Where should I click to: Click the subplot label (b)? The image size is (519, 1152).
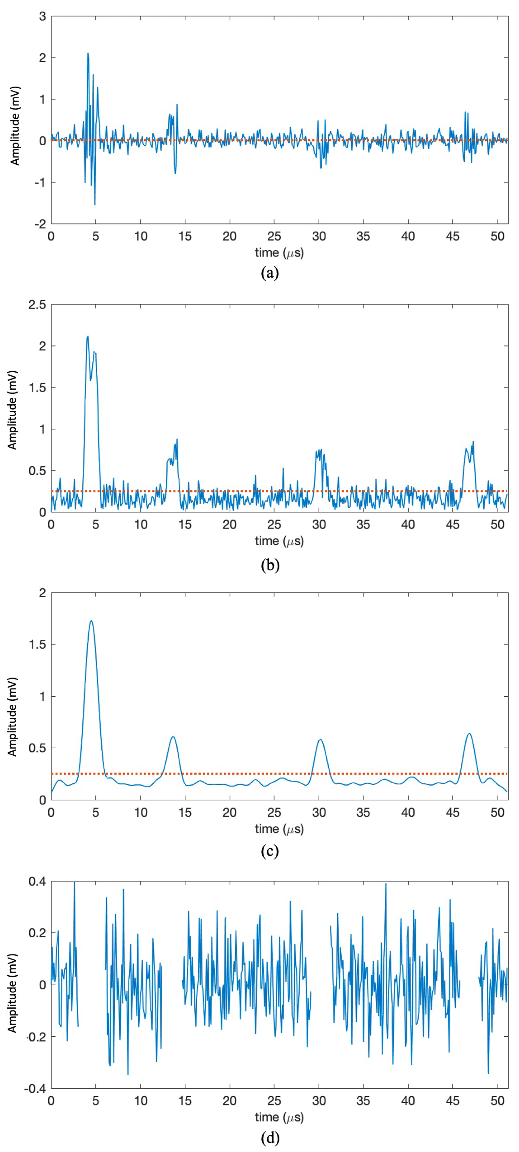270,565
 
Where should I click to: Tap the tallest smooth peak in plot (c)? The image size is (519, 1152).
91,621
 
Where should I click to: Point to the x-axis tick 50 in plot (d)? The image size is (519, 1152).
497,1101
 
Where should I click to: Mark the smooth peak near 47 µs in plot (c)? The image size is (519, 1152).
469,733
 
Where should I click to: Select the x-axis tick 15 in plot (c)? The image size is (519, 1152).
185,813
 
